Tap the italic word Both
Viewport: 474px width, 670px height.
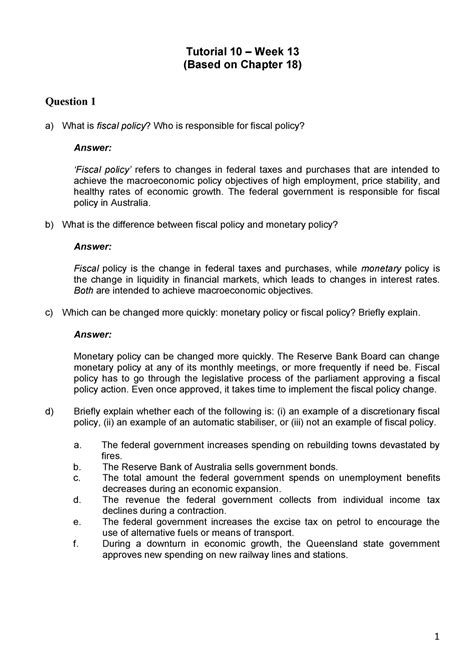(x=86, y=292)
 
